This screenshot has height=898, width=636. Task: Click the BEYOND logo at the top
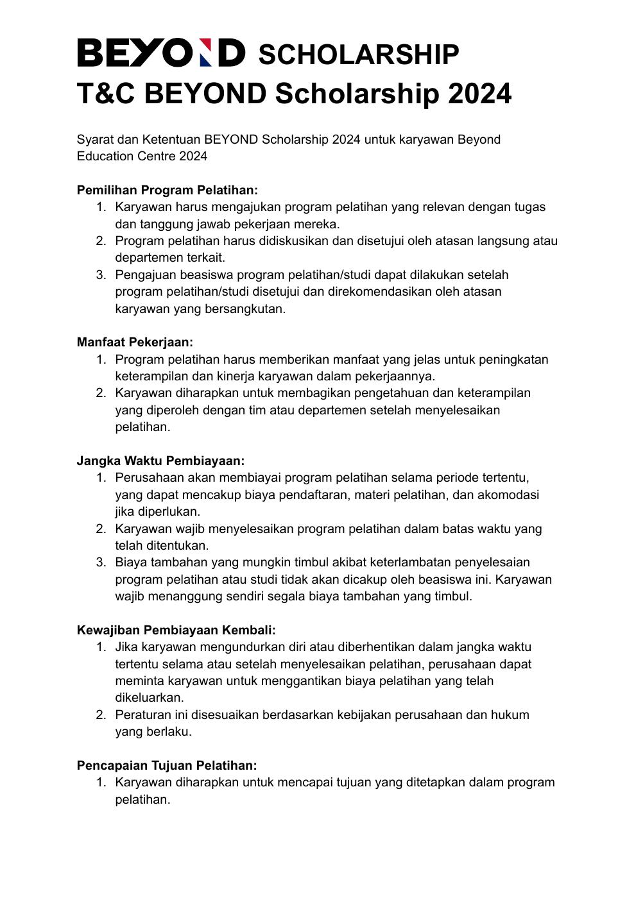pos(160,53)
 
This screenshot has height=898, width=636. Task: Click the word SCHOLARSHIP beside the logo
pos(358,55)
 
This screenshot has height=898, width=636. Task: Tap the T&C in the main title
pos(105,94)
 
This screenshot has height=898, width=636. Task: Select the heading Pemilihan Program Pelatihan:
pos(167,190)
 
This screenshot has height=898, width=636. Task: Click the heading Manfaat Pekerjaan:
pos(135,343)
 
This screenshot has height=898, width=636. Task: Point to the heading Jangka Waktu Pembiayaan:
pos(160,461)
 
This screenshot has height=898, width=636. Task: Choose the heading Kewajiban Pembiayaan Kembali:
pos(176,630)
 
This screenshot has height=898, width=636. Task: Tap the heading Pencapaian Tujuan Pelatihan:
pos(167,765)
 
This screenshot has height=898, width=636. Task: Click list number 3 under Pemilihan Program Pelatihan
pos(101,275)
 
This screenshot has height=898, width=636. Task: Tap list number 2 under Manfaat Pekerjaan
pos(101,393)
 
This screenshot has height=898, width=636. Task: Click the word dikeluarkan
pos(150,697)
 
